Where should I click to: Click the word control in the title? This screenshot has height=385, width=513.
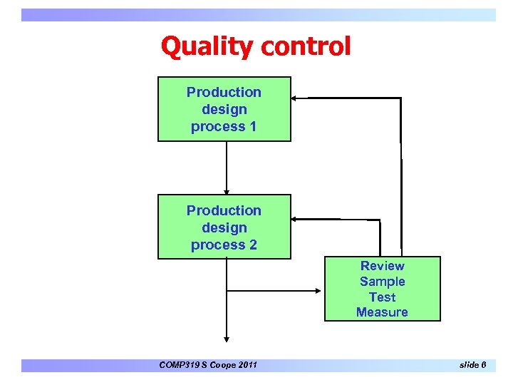click(306, 47)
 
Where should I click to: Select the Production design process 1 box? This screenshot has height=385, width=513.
click(224, 109)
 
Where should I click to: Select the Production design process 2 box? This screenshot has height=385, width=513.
click(224, 227)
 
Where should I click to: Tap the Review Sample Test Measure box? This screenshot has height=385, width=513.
click(383, 289)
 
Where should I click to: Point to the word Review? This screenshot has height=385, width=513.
click(383, 266)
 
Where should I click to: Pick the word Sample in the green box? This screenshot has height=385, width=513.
click(383, 282)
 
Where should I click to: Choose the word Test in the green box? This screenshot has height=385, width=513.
click(383, 297)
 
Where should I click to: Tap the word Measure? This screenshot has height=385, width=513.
click(383, 312)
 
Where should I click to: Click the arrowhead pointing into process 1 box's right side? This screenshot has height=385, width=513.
click(295, 98)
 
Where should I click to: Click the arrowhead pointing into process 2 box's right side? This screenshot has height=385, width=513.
click(296, 220)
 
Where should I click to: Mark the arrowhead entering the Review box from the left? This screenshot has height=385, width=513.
click(319, 290)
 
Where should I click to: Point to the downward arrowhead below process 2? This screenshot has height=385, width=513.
click(227, 339)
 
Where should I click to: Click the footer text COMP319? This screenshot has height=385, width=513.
click(181, 366)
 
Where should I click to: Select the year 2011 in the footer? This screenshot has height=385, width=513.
click(245, 366)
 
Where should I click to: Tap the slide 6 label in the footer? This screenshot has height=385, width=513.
click(473, 365)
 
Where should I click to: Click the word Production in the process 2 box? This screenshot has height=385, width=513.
click(224, 210)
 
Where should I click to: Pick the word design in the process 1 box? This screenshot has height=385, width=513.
click(224, 110)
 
